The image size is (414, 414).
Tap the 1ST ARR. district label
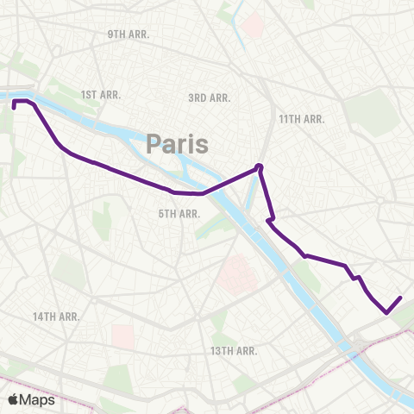(x=100, y=94)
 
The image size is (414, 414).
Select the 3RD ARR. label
(x=209, y=98)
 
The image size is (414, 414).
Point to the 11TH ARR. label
(x=301, y=119)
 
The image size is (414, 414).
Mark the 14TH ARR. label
(x=56, y=317)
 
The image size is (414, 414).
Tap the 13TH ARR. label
(x=234, y=350)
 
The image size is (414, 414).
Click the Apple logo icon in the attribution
(x=14, y=399)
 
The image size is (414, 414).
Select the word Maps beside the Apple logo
(x=38, y=399)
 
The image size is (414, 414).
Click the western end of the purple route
(x=15, y=109)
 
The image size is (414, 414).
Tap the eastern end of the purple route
(x=401, y=298)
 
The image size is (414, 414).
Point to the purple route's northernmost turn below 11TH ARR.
(x=259, y=166)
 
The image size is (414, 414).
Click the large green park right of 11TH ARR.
(x=366, y=112)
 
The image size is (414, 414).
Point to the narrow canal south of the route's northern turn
(x=252, y=198)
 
